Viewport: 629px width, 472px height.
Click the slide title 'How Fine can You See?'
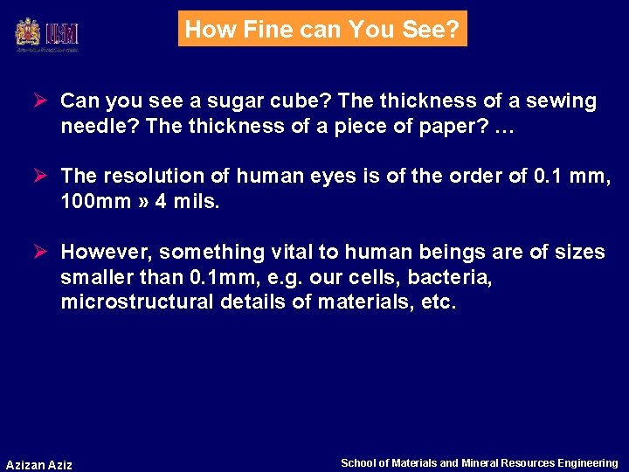322,29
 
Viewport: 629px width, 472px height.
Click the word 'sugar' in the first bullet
205,101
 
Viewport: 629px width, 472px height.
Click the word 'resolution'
143,177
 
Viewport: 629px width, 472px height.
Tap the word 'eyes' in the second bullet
328,177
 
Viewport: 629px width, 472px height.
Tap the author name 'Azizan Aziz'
39,464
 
